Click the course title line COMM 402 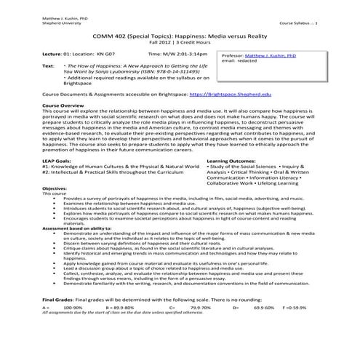180,36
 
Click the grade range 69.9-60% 264,328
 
